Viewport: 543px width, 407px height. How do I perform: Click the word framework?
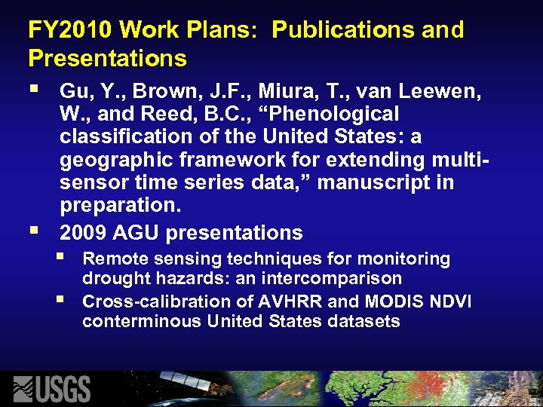pyautogui.click(x=243, y=161)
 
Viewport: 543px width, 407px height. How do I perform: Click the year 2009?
pyautogui.click(x=84, y=233)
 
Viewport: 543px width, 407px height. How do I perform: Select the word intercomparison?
pyautogui.click(x=331, y=280)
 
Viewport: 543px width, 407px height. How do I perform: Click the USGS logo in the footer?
pyautogui.click(x=53, y=388)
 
